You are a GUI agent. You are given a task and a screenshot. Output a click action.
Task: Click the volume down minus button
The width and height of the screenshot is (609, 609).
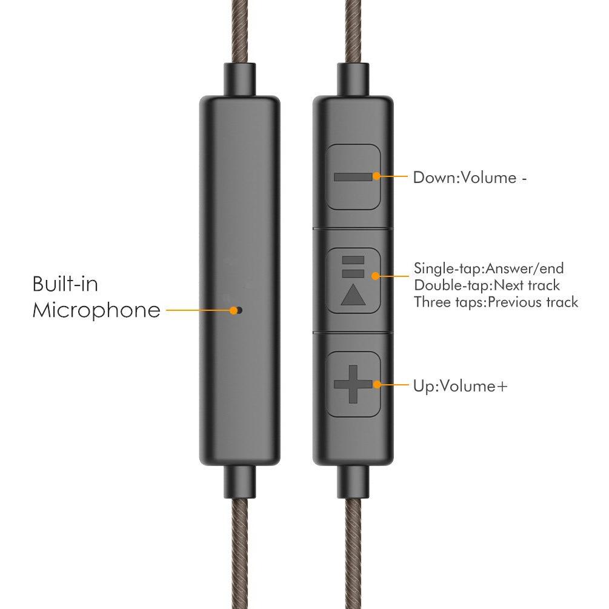(352, 177)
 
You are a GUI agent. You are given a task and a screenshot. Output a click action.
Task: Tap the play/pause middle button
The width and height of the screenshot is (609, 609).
(352, 281)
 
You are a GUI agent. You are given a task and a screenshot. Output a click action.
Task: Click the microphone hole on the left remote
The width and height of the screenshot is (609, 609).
(239, 310)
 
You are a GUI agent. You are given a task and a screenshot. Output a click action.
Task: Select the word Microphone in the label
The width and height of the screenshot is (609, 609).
(96, 310)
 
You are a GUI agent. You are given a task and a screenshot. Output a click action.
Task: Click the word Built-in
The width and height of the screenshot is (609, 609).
(65, 284)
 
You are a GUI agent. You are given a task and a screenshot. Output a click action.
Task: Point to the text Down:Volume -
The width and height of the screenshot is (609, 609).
(470, 178)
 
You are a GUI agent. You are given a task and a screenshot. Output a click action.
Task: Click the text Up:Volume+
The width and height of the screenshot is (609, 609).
(461, 387)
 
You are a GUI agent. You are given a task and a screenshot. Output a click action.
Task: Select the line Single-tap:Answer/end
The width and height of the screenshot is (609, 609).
(488, 268)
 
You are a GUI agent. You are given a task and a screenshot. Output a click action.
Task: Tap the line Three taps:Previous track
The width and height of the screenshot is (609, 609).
(496, 302)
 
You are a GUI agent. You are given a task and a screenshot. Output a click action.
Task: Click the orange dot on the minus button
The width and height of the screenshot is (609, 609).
(376, 176)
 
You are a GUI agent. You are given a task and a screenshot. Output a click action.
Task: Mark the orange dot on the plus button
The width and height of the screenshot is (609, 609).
(376, 385)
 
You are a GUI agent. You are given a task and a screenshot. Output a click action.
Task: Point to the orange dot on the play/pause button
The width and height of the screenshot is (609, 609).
(375, 276)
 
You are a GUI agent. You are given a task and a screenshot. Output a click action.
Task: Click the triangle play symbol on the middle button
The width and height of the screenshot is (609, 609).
(353, 296)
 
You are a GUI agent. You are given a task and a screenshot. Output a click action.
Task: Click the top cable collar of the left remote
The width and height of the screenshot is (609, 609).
(239, 79)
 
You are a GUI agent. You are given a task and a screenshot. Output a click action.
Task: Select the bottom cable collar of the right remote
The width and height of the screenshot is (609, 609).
(353, 482)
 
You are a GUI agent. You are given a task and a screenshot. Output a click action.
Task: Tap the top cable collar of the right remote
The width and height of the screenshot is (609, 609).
(353, 79)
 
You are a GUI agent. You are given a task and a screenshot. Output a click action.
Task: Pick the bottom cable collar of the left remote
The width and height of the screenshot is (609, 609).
(239, 482)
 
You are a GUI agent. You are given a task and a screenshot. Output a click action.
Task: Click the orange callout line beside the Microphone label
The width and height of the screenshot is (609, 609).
(198, 310)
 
